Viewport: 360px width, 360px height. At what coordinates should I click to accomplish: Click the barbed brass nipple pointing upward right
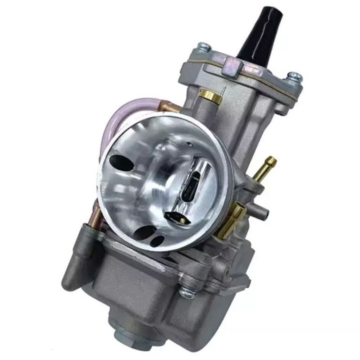[x=266, y=167]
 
